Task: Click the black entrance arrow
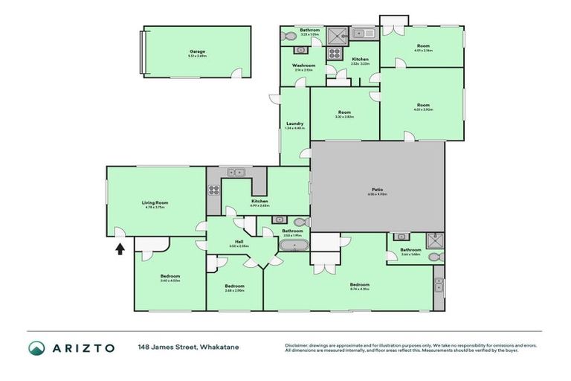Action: (x=120, y=248)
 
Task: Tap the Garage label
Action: (x=197, y=51)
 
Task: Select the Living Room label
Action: (x=155, y=202)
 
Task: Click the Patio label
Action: (x=378, y=190)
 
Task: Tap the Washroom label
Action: (x=303, y=65)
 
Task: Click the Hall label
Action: (x=239, y=241)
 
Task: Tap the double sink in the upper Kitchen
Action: (x=363, y=33)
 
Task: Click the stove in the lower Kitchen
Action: (x=213, y=188)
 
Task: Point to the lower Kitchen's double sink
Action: (x=236, y=172)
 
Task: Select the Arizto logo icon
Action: (x=37, y=348)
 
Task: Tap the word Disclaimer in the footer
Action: (x=296, y=345)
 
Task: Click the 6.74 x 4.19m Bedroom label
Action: (x=360, y=284)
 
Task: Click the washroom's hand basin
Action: (x=301, y=50)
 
